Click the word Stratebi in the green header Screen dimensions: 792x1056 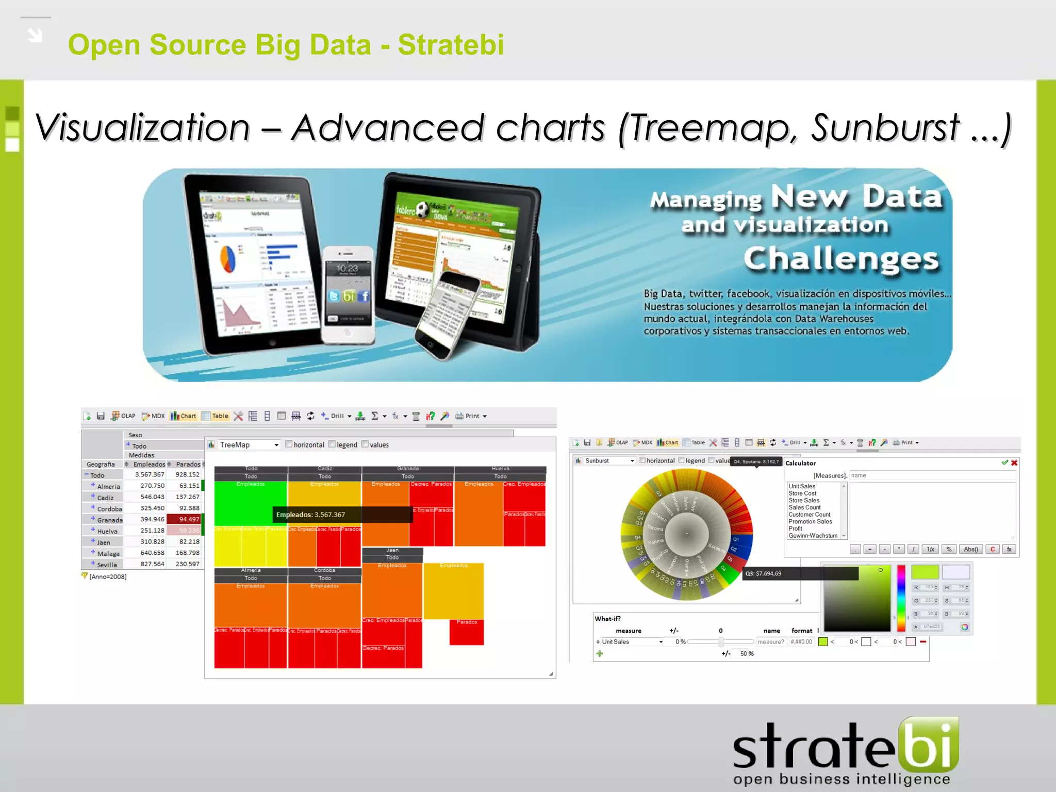click(451, 45)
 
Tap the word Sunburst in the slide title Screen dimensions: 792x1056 click(885, 128)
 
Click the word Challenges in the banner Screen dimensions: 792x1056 click(841, 258)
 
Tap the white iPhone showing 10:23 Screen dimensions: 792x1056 click(348, 294)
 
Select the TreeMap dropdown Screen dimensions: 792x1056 click(249, 445)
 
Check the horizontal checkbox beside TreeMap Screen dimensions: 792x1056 click(289, 444)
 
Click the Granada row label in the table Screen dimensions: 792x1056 click(109, 520)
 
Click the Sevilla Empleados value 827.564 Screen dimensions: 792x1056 click(152, 564)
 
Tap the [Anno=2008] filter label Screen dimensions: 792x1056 click(107, 576)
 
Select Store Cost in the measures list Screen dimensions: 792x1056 click(802, 493)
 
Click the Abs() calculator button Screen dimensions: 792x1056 click(970, 549)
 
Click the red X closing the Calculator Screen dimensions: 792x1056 click(1014, 463)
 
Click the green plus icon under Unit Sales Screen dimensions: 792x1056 click(599, 654)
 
